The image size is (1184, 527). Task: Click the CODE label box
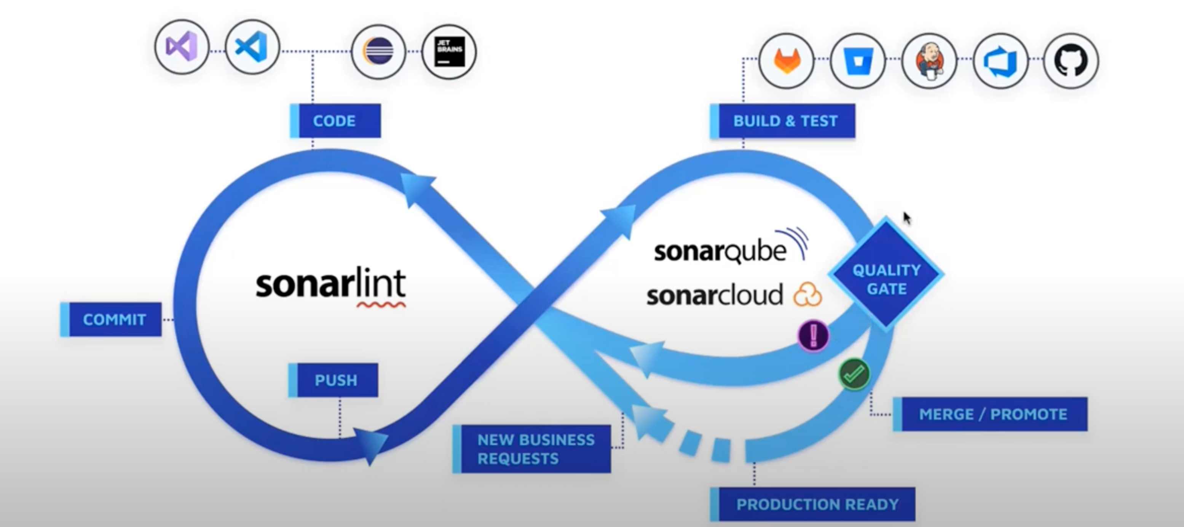[x=335, y=121]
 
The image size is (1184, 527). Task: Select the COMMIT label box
[x=111, y=319]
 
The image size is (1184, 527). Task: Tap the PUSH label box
[x=333, y=380]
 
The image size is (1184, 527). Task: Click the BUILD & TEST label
[x=783, y=121]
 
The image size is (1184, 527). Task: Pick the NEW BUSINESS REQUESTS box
[x=532, y=449]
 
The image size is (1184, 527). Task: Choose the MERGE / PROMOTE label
[x=991, y=414]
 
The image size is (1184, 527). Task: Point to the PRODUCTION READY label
[x=814, y=505]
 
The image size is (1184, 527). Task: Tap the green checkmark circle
[x=854, y=374]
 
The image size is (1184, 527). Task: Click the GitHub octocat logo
[x=1071, y=60]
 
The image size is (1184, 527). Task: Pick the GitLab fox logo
[x=787, y=60]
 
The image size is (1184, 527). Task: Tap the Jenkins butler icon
[x=929, y=60]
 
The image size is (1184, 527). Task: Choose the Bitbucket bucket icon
[x=858, y=60]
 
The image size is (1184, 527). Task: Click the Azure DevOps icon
[x=1000, y=60]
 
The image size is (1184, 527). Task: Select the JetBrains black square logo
[x=449, y=51]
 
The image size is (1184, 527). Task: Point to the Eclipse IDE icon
[x=378, y=51]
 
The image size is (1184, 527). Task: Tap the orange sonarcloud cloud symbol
[x=807, y=295]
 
